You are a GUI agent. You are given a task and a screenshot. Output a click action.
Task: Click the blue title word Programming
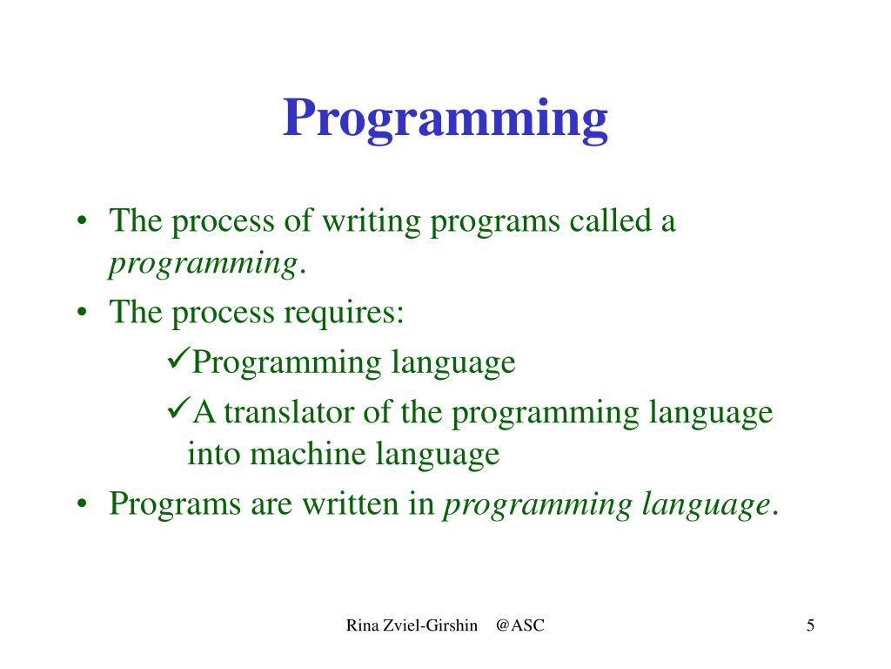coord(445,119)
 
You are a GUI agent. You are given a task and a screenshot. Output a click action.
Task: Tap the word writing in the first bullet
coord(372,222)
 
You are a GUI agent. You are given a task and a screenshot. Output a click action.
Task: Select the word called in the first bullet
coord(611,220)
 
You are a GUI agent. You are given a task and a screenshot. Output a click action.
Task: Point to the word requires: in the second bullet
coord(344,313)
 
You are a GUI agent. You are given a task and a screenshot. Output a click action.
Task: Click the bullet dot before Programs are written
coord(83,504)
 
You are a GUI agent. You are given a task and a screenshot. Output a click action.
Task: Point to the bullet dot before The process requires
coord(83,313)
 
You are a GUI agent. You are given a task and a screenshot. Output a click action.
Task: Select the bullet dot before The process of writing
coord(83,220)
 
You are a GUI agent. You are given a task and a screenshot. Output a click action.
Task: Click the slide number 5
coord(810,625)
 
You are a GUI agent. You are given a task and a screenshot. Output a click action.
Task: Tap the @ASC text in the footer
coord(520,625)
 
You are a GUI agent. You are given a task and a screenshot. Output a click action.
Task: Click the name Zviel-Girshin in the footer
coord(431,625)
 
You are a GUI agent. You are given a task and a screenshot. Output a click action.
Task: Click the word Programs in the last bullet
coord(175,505)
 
